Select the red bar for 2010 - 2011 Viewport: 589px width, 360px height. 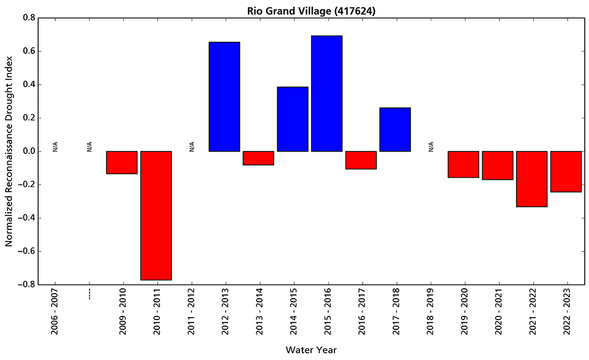(156, 215)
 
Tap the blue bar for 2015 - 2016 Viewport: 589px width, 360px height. (326, 93)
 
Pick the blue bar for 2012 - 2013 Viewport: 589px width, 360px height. (225, 96)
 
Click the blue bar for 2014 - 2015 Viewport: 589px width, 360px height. (293, 119)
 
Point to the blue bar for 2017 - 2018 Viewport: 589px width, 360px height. (395, 129)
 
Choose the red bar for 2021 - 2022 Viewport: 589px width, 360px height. (531, 178)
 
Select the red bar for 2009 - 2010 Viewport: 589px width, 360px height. (121, 163)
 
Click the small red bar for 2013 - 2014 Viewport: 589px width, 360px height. (258, 158)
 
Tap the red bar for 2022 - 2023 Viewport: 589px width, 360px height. (566, 171)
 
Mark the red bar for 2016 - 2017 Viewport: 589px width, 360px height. (361, 160)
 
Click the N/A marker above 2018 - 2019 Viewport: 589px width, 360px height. (431, 147)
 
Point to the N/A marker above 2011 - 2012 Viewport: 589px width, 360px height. (191, 147)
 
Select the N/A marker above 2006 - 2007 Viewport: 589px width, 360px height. (55, 147)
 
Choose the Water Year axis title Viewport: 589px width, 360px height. (310, 350)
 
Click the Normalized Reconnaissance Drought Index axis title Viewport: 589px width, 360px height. (9, 151)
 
